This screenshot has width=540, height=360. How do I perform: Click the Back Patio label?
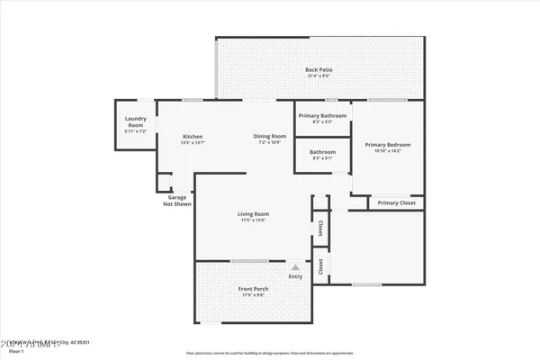click(x=317, y=69)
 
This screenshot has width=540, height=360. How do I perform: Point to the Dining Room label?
click(x=271, y=137)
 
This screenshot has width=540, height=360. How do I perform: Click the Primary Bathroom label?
click(x=322, y=114)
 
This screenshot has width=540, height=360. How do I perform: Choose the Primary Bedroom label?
click(x=387, y=144)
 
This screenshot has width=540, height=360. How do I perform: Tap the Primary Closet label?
click(x=397, y=203)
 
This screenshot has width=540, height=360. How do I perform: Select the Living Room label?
click(x=254, y=213)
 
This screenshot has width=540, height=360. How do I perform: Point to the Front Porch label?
click(x=254, y=289)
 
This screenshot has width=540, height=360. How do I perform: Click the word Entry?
click(x=295, y=276)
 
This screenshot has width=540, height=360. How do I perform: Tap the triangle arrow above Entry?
click(x=295, y=267)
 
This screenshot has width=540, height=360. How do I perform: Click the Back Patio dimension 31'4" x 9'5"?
click(x=317, y=76)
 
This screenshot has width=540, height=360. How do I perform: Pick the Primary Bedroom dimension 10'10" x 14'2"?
click(x=387, y=151)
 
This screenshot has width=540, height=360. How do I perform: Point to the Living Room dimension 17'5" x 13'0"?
click(x=254, y=220)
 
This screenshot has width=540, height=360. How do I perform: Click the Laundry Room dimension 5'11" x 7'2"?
click(x=135, y=132)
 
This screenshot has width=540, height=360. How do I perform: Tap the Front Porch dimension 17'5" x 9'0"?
click(x=254, y=295)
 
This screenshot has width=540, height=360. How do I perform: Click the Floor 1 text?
click(x=13, y=351)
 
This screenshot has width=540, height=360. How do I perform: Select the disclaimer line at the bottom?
click(x=270, y=353)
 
